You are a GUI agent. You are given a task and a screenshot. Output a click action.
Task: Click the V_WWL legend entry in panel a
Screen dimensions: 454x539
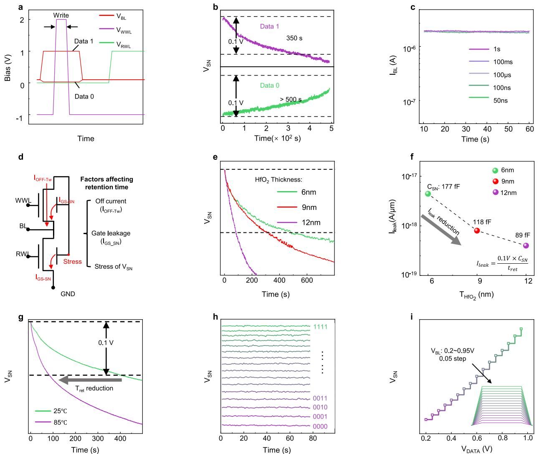124,31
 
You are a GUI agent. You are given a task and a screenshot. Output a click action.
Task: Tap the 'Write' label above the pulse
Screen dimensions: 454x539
61,15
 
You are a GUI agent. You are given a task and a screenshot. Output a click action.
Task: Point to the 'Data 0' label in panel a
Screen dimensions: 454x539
84,96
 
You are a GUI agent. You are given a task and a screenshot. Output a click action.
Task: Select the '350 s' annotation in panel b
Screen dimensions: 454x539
294,38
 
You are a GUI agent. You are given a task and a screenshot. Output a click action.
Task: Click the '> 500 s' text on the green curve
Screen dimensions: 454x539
291,100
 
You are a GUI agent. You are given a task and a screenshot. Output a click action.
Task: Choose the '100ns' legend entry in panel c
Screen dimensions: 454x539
502,88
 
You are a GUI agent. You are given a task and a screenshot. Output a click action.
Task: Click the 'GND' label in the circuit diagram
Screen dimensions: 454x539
68,294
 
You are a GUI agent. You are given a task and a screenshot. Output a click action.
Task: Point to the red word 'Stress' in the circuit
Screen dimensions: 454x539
72,262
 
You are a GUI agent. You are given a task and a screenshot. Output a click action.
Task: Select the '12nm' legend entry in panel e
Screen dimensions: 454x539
311,222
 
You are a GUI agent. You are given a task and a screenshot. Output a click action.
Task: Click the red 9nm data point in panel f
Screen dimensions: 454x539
477,231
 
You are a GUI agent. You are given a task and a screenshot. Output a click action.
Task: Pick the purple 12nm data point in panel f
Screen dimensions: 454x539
526,245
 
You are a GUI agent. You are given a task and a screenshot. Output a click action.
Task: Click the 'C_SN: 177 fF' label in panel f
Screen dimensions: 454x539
443,187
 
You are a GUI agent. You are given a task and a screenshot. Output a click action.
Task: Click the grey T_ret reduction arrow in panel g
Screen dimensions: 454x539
90,380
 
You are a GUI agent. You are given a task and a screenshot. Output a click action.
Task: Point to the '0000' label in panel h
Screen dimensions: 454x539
320,426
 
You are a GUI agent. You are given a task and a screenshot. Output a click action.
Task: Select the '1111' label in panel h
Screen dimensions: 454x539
320,327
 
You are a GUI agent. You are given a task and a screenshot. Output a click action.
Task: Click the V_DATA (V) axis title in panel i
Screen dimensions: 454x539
477,449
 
